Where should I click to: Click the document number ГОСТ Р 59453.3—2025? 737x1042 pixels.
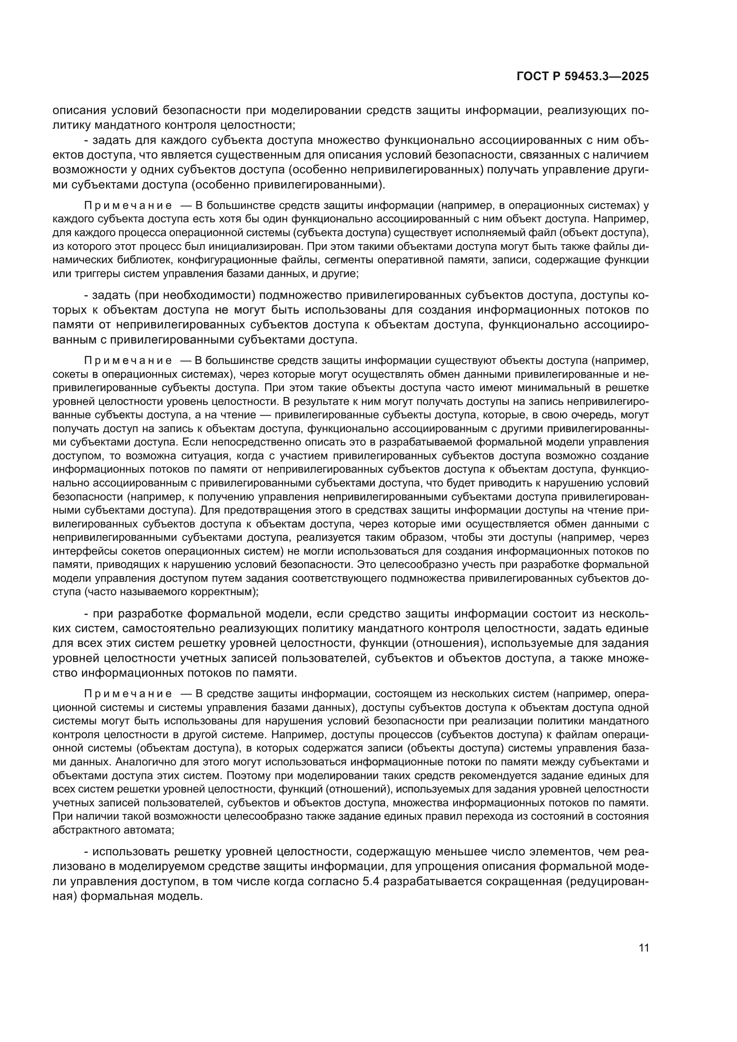(583, 77)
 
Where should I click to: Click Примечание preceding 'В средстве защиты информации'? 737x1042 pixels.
(127, 694)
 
